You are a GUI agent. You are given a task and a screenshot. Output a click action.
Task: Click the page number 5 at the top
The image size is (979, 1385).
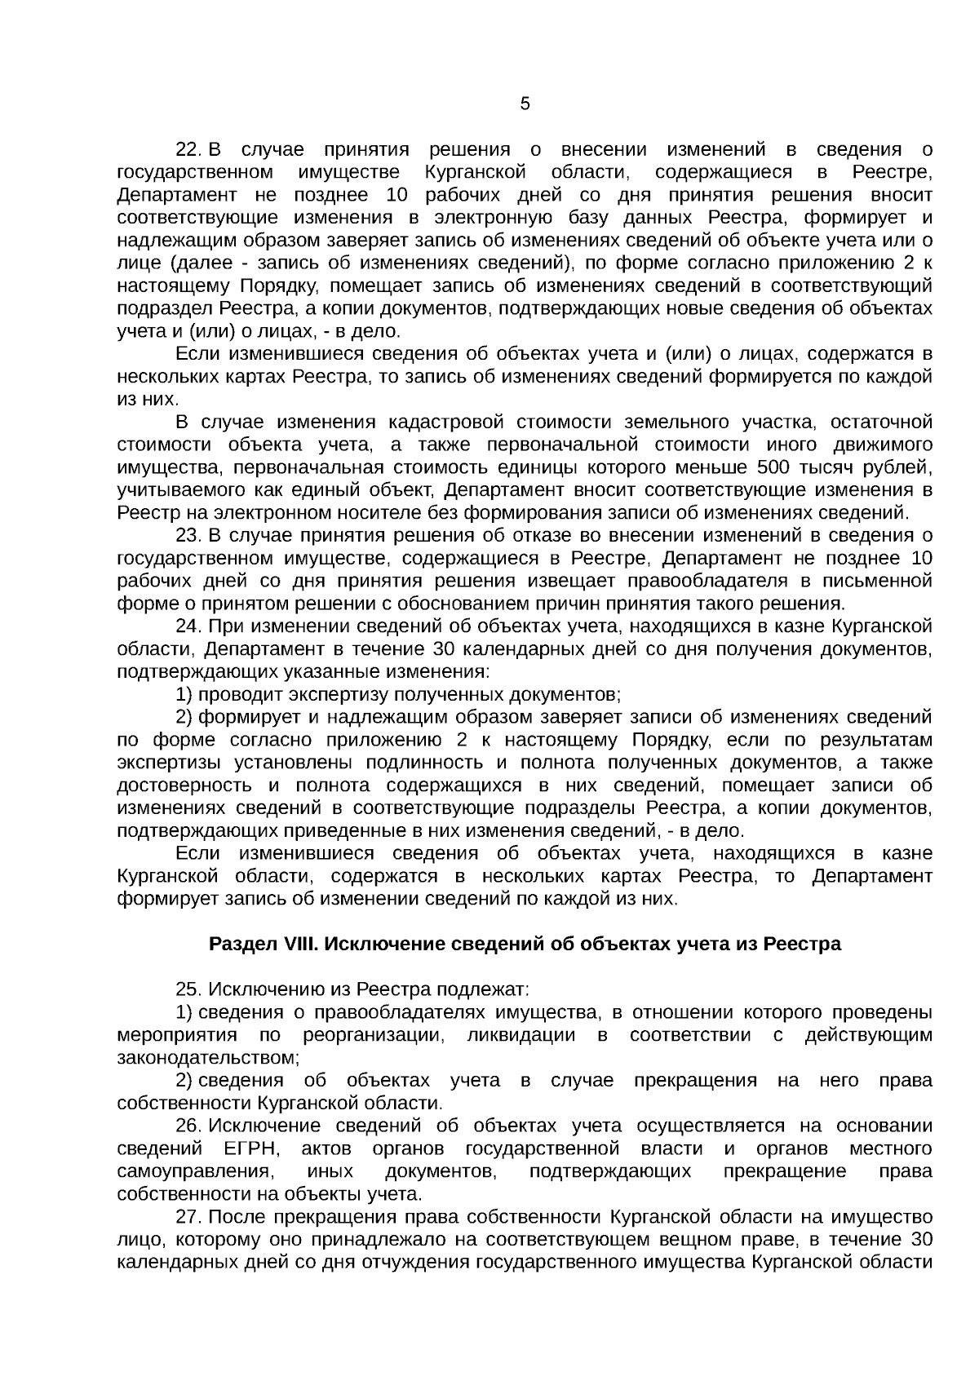pos(525,104)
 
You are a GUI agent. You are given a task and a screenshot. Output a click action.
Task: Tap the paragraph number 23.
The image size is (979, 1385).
pos(188,535)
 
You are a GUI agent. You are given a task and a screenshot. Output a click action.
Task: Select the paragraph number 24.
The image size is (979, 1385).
pos(188,626)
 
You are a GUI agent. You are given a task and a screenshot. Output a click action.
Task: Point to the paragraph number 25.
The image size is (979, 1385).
pos(188,989)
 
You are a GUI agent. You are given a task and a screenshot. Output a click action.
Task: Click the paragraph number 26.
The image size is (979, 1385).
pos(188,1126)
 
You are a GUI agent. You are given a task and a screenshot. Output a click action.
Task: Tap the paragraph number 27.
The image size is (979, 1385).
pos(188,1217)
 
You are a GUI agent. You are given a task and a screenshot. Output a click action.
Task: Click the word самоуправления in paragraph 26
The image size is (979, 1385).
pos(193,1172)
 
